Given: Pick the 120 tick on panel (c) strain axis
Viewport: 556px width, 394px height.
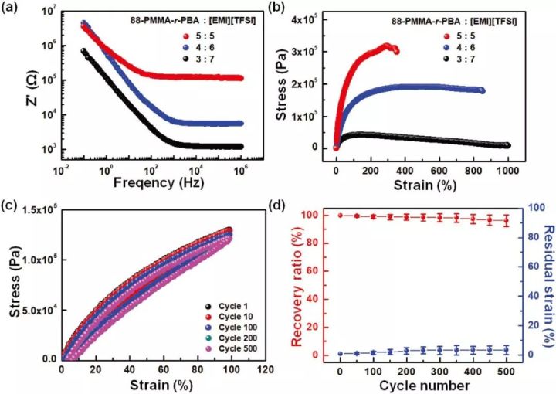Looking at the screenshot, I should coord(263,369).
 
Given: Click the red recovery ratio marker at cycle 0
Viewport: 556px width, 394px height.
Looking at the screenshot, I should coord(341,216).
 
